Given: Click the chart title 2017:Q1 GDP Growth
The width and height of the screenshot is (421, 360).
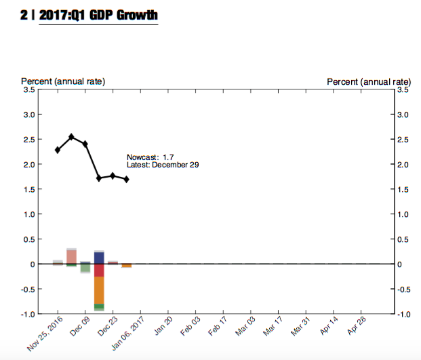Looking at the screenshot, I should pyautogui.click(x=98, y=14).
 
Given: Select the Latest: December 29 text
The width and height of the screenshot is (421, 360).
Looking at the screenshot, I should pyautogui.click(x=163, y=165).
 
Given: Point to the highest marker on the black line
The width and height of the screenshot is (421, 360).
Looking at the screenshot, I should pyautogui.click(x=71, y=137).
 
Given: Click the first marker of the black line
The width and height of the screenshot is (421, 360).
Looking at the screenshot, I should pyautogui.click(x=58, y=150).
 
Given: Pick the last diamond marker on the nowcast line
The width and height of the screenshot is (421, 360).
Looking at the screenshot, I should pyautogui.click(x=127, y=179).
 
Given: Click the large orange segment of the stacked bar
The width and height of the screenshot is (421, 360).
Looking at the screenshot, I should pyautogui.click(x=99, y=290).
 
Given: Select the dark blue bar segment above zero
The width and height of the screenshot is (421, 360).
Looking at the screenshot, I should pyautogui.click(x=99, y=258).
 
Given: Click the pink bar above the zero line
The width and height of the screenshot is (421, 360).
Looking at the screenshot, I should pyautogui.click(x=71, y=256).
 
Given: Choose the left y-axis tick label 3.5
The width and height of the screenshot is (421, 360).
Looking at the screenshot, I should pyautogui.click(x=29, y=89).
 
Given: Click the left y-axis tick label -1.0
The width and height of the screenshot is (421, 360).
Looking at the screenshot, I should pyautogui.click(x=28, y=314).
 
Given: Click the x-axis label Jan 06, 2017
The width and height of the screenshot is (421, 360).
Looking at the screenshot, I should pyautogui.click(x=127, y=333).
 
